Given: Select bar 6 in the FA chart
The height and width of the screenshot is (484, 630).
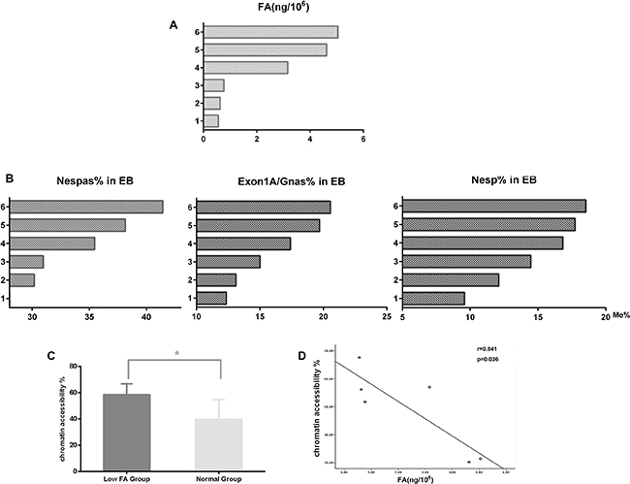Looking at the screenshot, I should pyautogui.click(x=270, y=32).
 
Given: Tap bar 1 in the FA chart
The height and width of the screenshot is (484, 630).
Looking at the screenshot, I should pyautogui.click(x=210, y=120).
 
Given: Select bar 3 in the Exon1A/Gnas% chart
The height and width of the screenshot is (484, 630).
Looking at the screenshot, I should pyautogui.click(x=228, y=261).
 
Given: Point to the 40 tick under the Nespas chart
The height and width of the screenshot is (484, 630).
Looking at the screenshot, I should pyautogui.click(x=146, y=317).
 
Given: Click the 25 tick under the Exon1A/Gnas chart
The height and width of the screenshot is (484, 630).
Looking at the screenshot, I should pyautogui.click(x=386, y=317).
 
